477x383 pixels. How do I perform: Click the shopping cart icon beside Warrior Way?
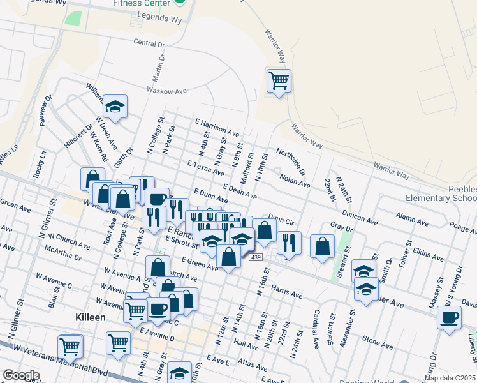click(279, 81)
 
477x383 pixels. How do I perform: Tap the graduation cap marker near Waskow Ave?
click(115, 107)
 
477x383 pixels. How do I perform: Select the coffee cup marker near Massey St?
click(449, 317)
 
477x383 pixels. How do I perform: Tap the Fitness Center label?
click(141, 3)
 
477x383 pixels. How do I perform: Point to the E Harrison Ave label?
click(217, 128)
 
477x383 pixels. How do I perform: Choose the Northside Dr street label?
click(291, 161)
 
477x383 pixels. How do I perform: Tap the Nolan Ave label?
click(295, 179)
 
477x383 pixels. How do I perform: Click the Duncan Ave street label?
click(359, 216)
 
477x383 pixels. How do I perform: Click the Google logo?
click(20, 375)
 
